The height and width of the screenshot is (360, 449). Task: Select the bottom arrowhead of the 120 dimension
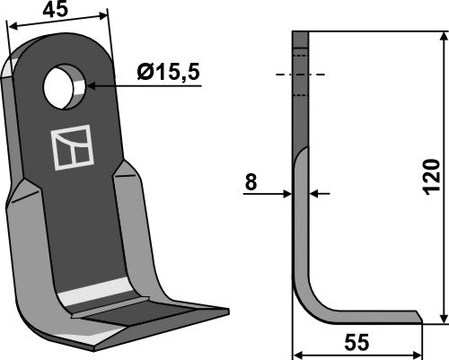tap(444, 319)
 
